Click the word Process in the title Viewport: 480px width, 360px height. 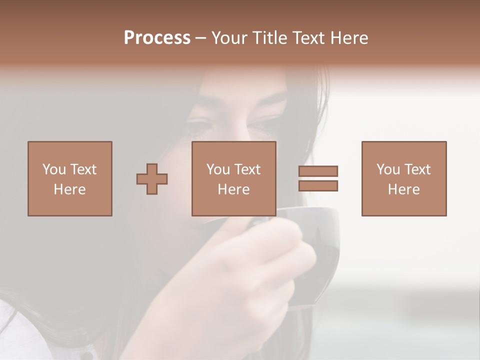(x=157, y=38)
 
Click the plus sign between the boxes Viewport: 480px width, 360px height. (x=152, y=178)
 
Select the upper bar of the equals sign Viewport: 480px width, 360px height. (x=318, y=171)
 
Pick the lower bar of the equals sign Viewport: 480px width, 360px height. (x=318, y=185)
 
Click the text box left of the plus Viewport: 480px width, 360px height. (x=70, y=178)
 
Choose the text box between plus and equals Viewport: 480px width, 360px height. (x=233, y=178)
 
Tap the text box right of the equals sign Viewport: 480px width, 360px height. (x=404, y=178)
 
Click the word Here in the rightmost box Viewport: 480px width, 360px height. (x=404, y=189)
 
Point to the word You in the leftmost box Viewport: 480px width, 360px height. (x=54, y=169)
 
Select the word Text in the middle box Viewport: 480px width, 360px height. (x=247, y=169)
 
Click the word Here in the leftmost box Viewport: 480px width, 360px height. (x=70, y=189)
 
